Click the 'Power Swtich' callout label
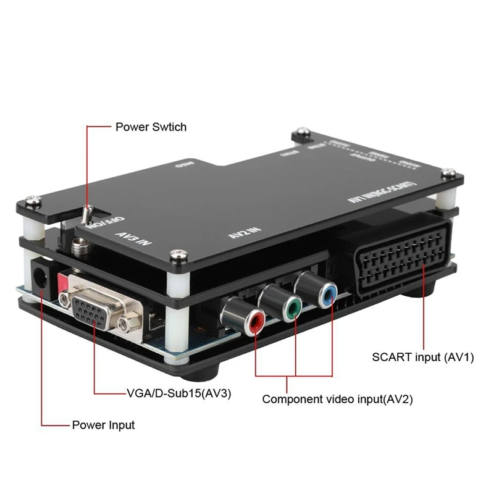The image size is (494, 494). tap(151, 127)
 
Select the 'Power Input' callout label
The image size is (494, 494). tap(103, 425)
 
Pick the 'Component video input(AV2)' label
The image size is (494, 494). tap(337, 399)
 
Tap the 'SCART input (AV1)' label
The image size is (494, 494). tap(423, 357)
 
